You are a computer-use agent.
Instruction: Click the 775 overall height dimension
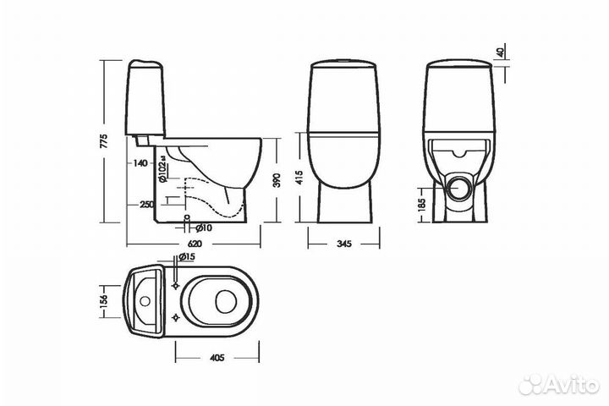click(104, 141)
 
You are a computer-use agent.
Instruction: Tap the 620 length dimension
click(195, 244)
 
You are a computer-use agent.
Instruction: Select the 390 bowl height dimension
click(277, 180)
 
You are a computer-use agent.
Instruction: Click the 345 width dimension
click(344, 244)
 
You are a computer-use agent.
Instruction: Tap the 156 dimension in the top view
click(104, 301)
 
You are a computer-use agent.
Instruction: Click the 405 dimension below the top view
click(217, 358)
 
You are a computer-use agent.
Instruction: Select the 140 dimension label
click(140, 163)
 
